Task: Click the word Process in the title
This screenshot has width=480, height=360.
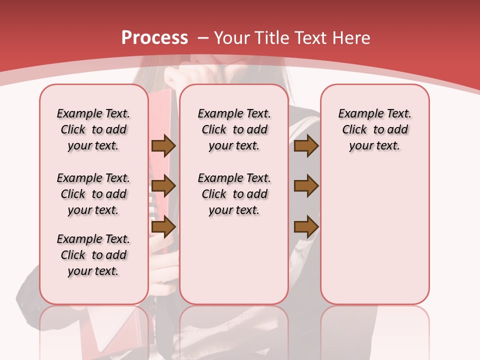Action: click(154, 38)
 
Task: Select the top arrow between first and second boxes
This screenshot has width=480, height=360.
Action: click(163, 145)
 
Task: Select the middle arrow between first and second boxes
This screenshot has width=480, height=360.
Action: click(163, 186)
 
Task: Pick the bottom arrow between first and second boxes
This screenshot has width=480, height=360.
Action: click(163, 227)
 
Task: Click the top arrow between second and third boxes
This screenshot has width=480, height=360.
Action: click(306, 145)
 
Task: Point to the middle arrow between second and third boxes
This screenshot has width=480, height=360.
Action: click(306, 186)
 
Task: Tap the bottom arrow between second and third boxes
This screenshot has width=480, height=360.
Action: click(306, 227)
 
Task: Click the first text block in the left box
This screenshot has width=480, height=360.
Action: click(93, 129)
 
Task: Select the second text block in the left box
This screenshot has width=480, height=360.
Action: click(93, 194)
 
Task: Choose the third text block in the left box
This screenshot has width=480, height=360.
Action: click(93, 255)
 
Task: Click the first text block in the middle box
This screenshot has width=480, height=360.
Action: click(234, 129)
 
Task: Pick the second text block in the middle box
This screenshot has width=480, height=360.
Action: click(234, 194)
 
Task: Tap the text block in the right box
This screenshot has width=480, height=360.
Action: click(374, 129)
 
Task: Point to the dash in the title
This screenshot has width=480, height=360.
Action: click(202, 38)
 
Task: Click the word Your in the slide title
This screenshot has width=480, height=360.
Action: click(232, 38)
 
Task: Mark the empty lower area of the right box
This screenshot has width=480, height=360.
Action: click(374, 235)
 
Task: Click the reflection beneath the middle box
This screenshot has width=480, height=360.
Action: click(234, 330)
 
